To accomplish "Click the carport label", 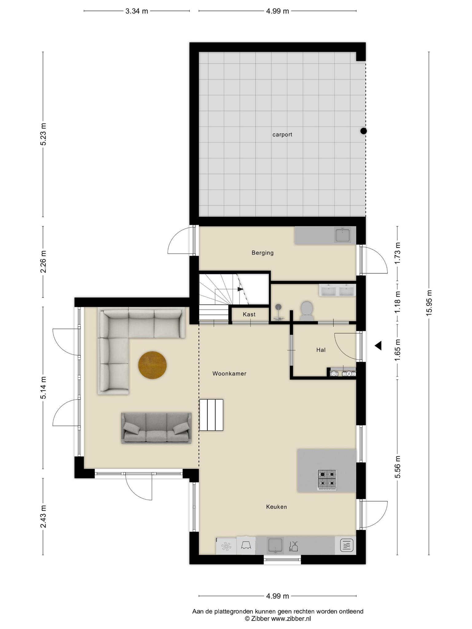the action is (x=282, y=135).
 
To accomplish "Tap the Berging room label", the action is (x=262, y=253).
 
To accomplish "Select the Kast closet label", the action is (x=249, y=314).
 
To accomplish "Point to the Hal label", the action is (x=321, y=350).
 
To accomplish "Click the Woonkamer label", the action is (x=229, y=373).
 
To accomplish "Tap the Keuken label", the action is (x=277, y=507).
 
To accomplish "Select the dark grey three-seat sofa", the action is (x=156, y=428).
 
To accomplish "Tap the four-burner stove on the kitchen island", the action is (x=327, y=480).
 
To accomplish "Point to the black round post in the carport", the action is (x=364, y=131).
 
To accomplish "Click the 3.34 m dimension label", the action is (x=137, y=11).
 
